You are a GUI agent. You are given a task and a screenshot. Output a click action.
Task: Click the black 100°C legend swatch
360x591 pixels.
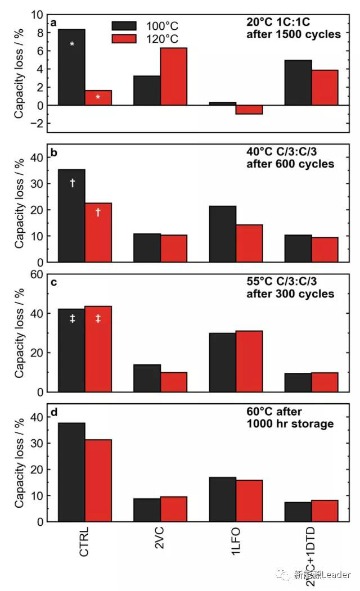click(x=124, y=26)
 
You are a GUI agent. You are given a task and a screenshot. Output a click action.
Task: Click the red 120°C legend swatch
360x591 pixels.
click(x=124, y=39)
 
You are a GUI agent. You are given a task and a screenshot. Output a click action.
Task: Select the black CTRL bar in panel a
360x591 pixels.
click(x=71, y=67)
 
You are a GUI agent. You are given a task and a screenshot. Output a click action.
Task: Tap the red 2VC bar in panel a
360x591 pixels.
click(x=173, y=76)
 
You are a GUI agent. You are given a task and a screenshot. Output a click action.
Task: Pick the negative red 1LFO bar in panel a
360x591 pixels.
click(x=249, y=110)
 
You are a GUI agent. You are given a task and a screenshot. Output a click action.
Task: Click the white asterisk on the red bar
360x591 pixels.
click(x=98, y=97)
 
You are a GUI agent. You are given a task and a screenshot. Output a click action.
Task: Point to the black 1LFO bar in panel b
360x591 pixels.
click(x=222, y=234)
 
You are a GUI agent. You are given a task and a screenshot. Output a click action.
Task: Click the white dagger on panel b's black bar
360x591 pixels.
click(x=72, y=182)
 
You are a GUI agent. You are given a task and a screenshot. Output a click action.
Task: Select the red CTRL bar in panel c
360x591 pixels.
click(x=98, y=349)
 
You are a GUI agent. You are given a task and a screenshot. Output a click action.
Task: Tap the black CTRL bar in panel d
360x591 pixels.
click(x=71, y=472)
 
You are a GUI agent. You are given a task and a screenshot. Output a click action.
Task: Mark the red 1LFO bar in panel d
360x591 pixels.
click(x=249, y=500)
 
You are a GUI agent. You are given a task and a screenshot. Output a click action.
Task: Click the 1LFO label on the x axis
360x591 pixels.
click(x=236, y=542)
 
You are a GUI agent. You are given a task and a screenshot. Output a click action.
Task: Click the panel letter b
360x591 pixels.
click(x=53, y=153)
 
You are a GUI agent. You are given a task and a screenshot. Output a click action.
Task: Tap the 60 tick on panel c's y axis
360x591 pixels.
click(x=36, y=274)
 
